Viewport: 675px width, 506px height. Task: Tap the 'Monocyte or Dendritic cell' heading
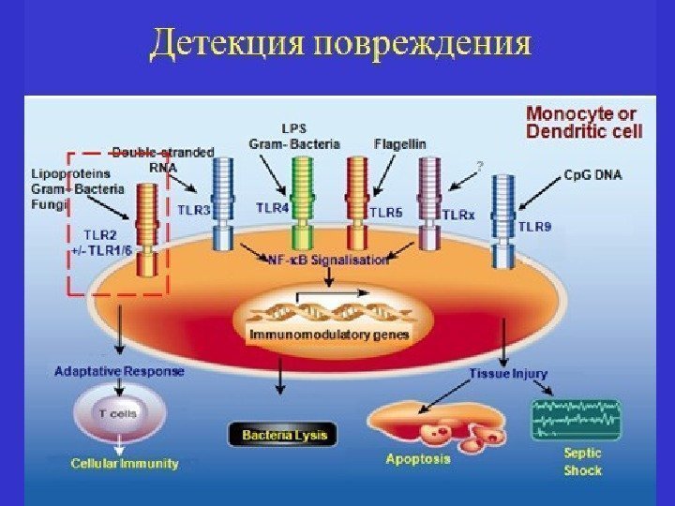point(584,122)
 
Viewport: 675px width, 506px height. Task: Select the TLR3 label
point(194,211)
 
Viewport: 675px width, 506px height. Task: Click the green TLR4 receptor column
point(302,201)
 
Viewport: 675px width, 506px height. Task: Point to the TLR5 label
point(385,213)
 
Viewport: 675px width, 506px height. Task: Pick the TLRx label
point(458,215)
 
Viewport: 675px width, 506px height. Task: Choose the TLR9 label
point(534,226)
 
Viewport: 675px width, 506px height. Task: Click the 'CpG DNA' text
point(592,174)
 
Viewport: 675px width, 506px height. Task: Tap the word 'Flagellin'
point(399,143)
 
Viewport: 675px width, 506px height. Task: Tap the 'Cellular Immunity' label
point(125,463)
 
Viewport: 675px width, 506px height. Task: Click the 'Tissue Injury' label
point(507,374)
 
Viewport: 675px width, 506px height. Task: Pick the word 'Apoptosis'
point(418,459)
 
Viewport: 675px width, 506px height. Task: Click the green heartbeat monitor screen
point(576,418)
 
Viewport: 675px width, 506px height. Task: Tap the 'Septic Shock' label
point(582,462)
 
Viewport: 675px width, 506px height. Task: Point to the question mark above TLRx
point(480,166)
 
